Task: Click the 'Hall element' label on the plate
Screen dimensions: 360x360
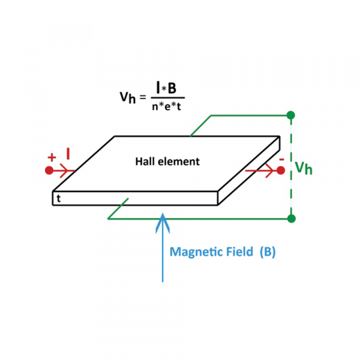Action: click(167, 161)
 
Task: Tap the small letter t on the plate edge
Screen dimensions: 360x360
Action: click(58, 197)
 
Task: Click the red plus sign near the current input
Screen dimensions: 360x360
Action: click(52, 157)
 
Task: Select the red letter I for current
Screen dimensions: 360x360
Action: click(68, 155)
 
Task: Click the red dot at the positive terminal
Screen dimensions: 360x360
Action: click(49, 170)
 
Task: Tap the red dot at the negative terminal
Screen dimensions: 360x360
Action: click(280, 170)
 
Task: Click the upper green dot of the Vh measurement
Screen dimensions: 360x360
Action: click(291, 115)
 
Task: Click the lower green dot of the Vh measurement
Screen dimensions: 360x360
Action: click(291, 218)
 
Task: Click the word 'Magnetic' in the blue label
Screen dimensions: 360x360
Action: click(193, 252)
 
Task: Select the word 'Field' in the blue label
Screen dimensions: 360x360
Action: click(238, 252)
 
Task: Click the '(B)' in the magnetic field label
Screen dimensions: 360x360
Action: click(268, 252)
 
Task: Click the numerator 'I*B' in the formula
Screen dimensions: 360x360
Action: click(164, 88)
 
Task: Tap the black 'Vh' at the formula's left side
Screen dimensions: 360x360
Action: click(128, 98)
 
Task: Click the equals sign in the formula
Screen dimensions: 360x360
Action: click(144, 97)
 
